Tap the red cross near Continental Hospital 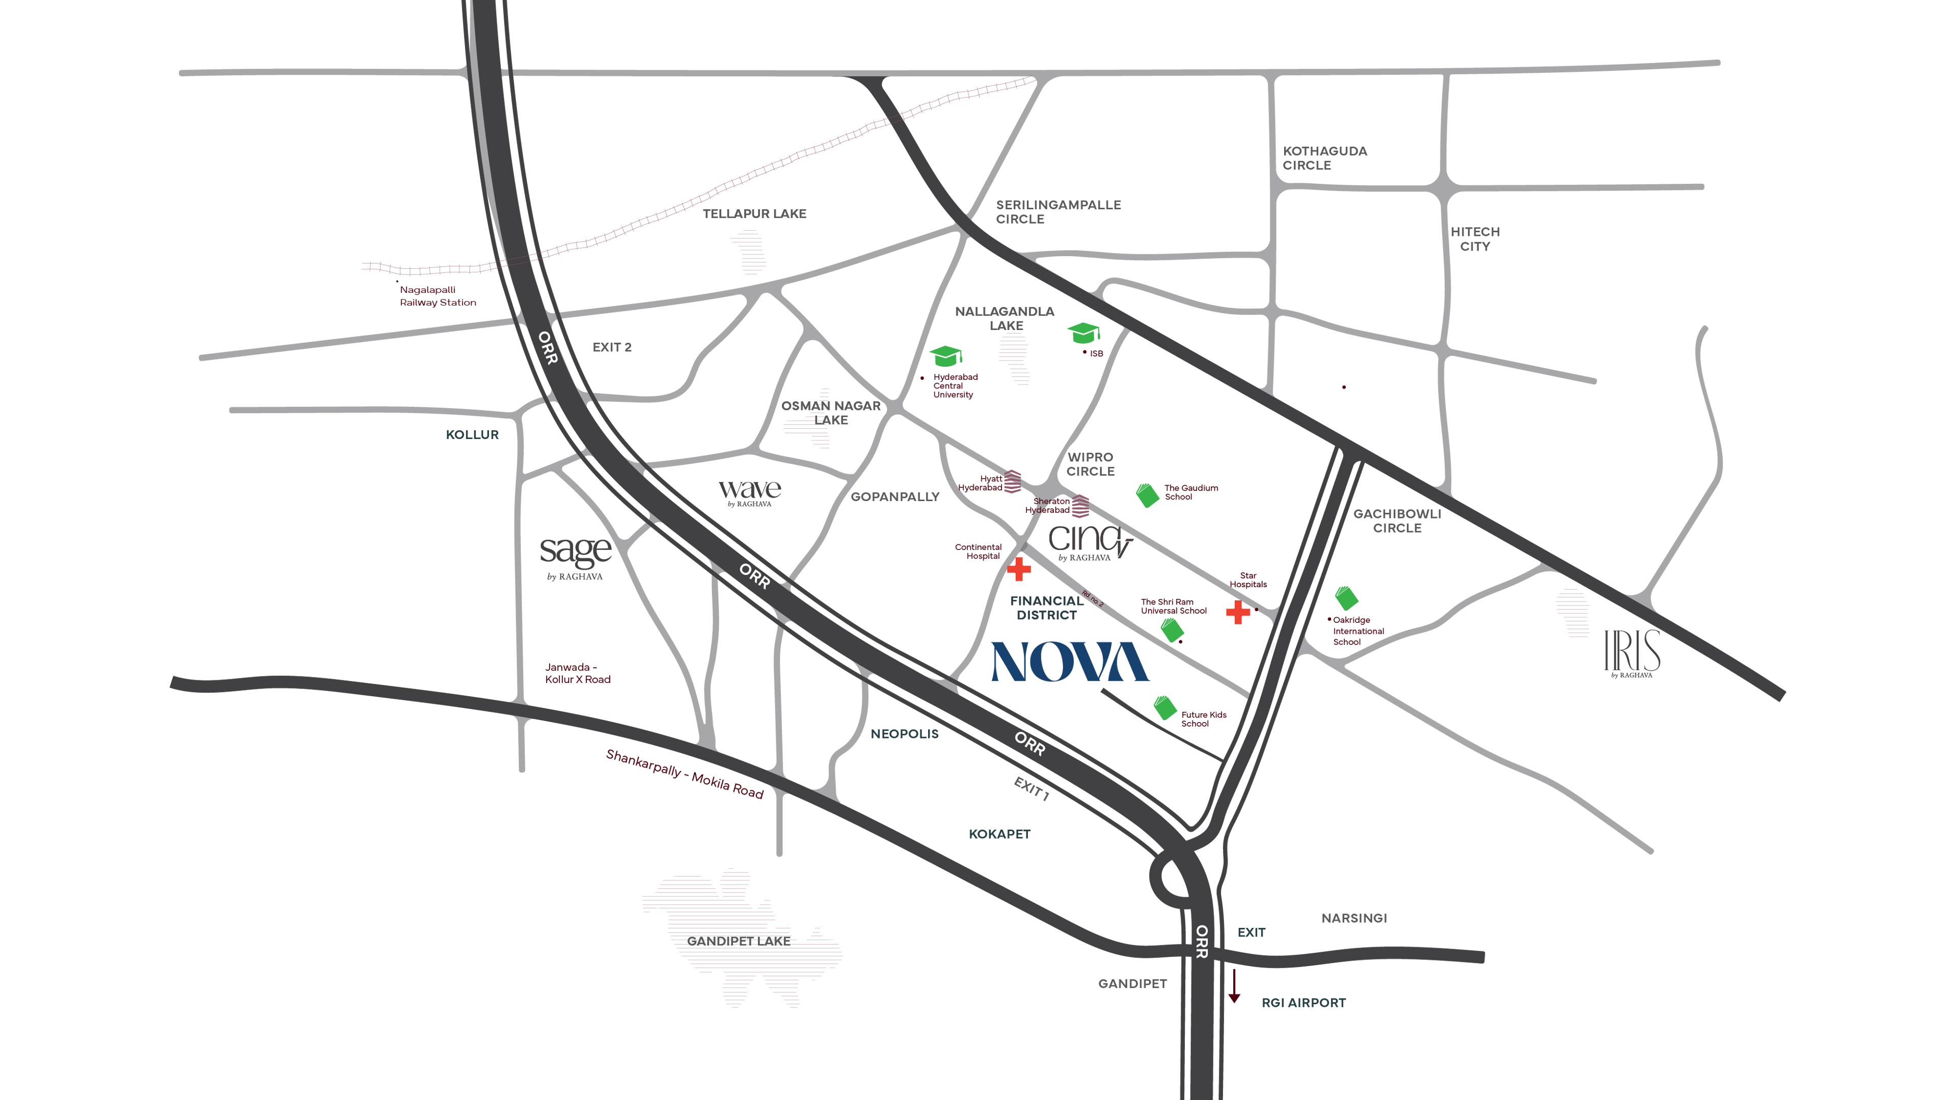[1019, 569]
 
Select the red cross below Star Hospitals [1238, 612]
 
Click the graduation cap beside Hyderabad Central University [946, 355]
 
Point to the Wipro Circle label [1091, 464]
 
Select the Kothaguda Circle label [1324, 158]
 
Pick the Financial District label [1046, 608]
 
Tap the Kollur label [472, 435]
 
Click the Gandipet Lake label [738, 941]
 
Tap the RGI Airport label [1303, 1003]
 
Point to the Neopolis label [904, 734]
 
